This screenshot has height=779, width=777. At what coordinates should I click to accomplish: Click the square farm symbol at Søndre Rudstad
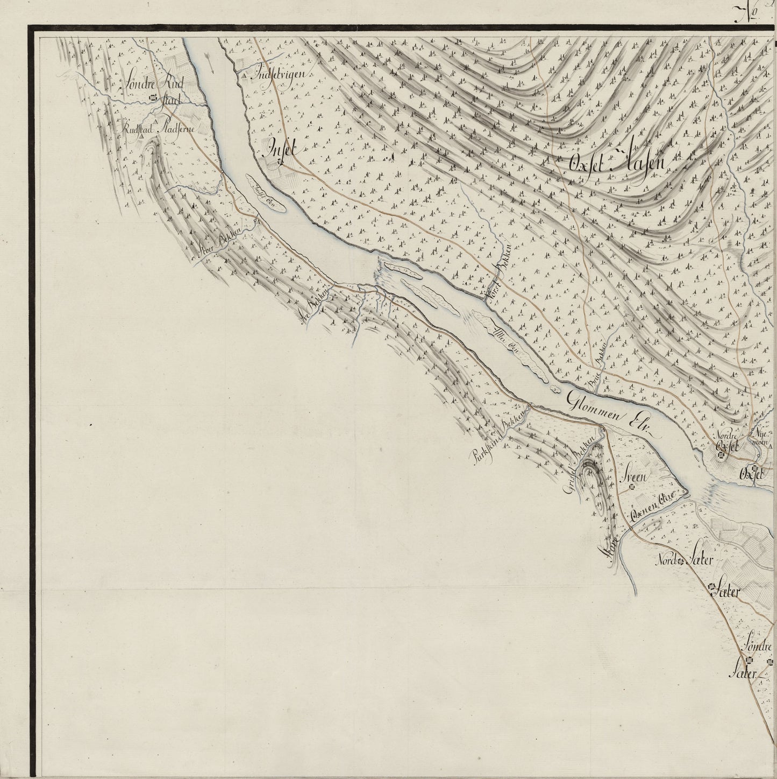tap(154, 98)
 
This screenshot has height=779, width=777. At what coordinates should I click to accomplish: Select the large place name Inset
tap(279, 149)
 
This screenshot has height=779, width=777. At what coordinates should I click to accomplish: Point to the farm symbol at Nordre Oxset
tap(722, 456)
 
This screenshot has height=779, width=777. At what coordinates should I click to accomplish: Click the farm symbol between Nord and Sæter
tap(681, 562)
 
